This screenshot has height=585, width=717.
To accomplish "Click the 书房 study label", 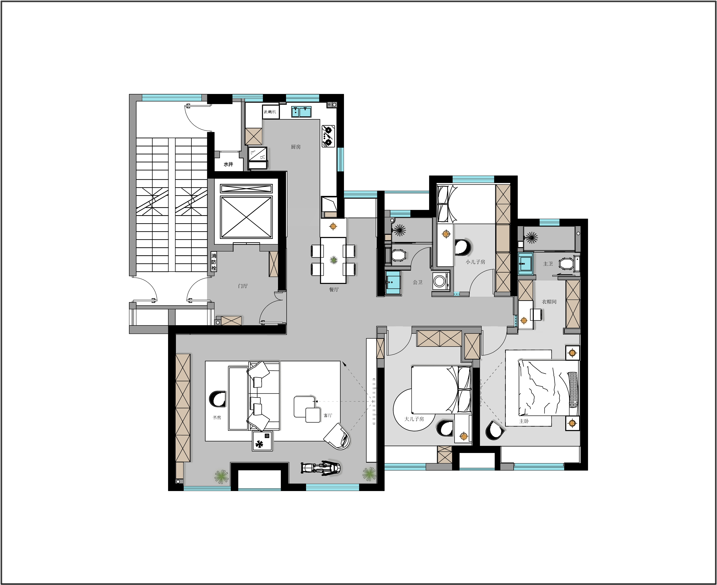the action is [217, 417].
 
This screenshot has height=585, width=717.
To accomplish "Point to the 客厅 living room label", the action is [328, 415].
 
